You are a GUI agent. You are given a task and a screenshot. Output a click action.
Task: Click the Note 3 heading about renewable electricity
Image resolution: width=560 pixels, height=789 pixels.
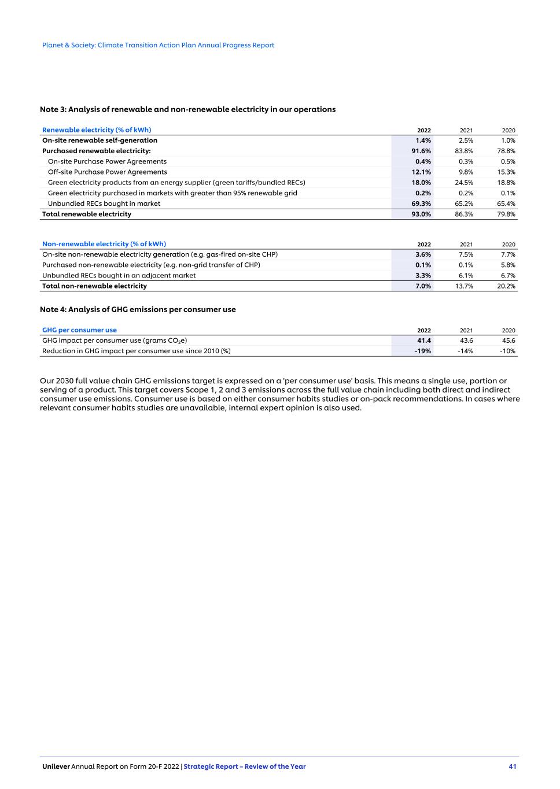point(187,109)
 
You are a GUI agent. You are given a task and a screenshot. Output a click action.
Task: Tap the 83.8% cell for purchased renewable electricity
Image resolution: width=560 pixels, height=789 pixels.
point(464,151)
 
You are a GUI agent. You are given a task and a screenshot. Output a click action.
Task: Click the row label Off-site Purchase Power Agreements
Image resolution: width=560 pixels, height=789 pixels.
point(108,172)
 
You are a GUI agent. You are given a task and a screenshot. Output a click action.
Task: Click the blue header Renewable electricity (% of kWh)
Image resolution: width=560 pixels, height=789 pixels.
point(97,130)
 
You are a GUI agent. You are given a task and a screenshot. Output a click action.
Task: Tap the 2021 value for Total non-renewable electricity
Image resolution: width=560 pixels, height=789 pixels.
point(464,286)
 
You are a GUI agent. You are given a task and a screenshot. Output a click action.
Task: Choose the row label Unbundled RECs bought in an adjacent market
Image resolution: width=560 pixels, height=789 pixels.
point(119,276)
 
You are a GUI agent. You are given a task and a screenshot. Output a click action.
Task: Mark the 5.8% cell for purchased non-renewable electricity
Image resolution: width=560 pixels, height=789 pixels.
point(508,265)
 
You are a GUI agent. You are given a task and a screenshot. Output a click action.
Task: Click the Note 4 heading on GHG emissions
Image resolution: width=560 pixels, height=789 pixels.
point(138,309)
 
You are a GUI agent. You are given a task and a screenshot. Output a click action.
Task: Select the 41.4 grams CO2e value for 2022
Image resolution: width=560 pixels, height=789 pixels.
point(424,340)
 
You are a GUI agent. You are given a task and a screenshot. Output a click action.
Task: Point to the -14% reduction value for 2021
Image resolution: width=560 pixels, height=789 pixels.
point(465,351)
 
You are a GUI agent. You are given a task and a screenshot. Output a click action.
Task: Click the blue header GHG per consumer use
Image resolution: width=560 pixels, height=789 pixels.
point(79,330)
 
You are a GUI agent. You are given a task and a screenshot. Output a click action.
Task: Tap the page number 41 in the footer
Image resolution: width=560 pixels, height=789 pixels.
point(513,766)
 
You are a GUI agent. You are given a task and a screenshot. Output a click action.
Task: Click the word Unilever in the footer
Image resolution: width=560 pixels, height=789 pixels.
point(56,766)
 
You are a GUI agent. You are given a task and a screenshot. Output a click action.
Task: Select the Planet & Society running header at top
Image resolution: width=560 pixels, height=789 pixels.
point(158,45)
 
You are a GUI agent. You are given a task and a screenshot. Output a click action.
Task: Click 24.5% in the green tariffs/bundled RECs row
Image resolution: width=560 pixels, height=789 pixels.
point(464,183)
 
